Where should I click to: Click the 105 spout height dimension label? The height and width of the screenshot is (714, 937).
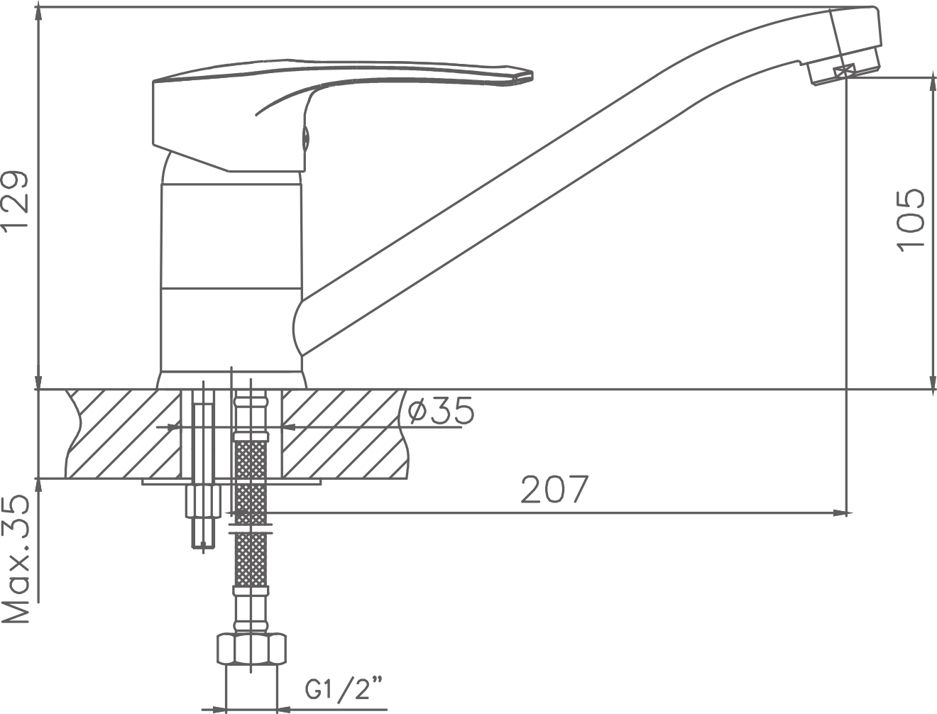pyautogui.click(x=910, y=221)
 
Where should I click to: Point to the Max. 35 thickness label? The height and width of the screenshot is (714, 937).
pyautogui.click(x=16, y=559)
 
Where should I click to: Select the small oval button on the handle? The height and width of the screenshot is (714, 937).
pyautogui.click(x=306, y=138)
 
